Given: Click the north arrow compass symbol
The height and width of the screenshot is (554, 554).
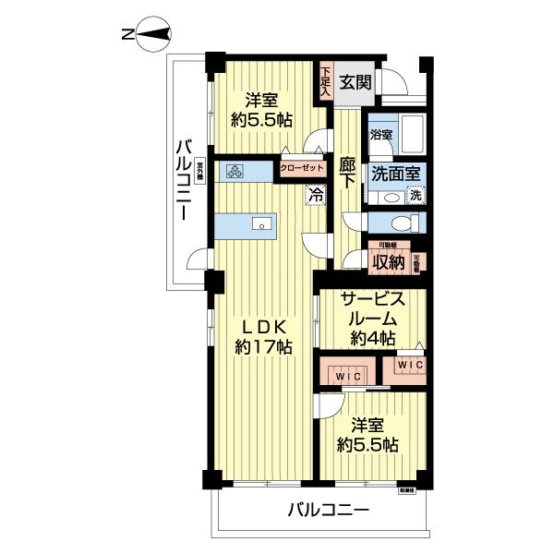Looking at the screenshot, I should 150,35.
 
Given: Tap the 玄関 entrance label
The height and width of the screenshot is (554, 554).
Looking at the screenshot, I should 352,81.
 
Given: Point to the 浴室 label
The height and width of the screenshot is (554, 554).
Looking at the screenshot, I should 381,135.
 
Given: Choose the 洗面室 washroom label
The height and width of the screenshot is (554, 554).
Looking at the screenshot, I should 396,173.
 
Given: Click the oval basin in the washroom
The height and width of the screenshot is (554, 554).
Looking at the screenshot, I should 391,197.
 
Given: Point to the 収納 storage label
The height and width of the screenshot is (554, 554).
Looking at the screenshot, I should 390,261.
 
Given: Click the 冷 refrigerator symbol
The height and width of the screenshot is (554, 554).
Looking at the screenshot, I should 315,195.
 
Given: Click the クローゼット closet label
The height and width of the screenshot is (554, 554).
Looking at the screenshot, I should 303,168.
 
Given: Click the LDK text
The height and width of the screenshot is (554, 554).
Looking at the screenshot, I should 263,326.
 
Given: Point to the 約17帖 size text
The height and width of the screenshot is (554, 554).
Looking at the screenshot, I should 263,348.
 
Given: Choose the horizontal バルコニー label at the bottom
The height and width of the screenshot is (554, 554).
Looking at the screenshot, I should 328,510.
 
